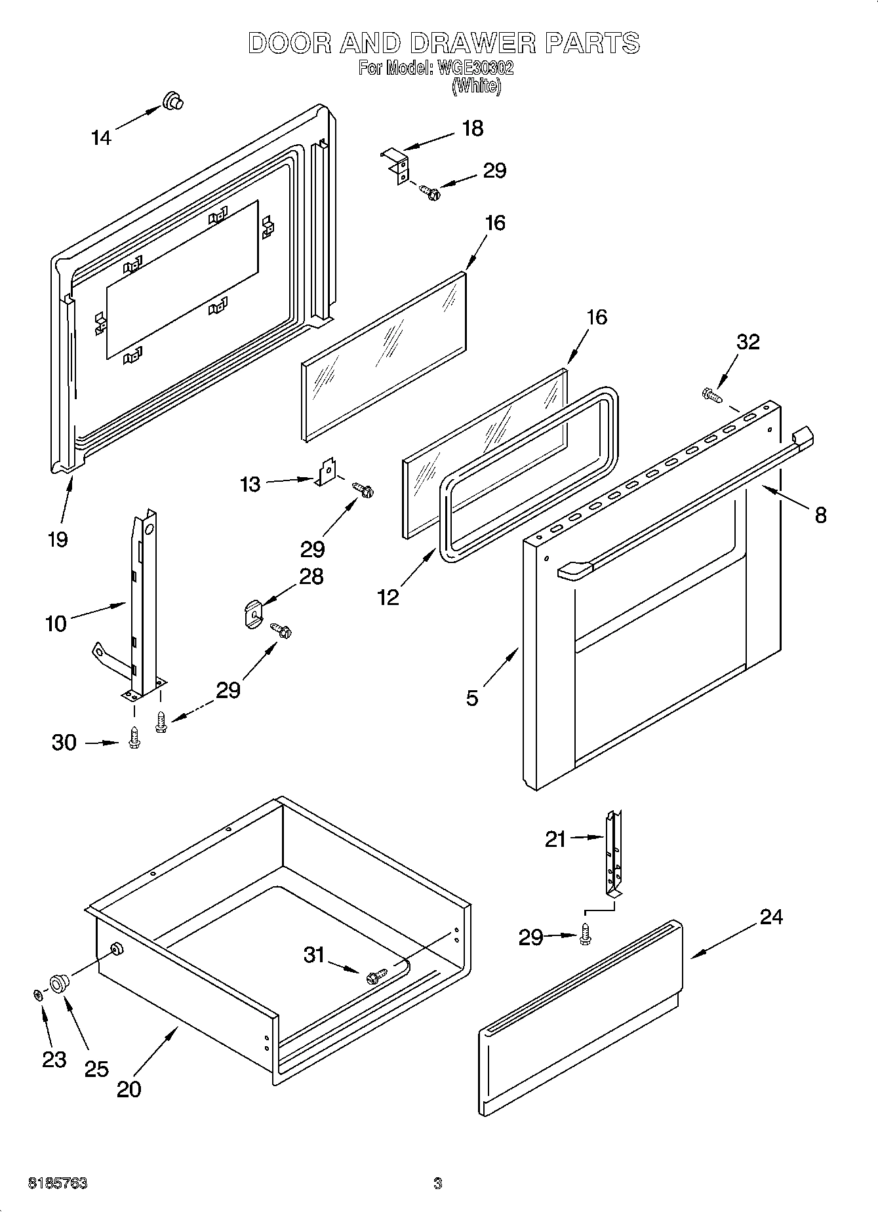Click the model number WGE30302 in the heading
pyautogui.click(x=470, y=68)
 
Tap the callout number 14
pyautogui.click(x=101, y=138)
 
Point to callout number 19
pyautogui.click(x=58, y=539)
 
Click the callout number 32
pyautogui.click(x=748, y=342)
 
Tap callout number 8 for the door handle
pyautogui.click(x=820, y=515)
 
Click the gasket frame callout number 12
pyautogui.click(x=388, y=597)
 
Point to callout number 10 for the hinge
pyautogui.click(x=56, y=623)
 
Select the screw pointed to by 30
pyautogui.click(x=134, y=737)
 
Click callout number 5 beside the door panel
pyautogui.click(x=472, y=698)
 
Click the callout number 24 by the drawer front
pyautogui.click(x=771, y=916)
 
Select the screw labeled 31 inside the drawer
pyautogui.click(x=375, y=976)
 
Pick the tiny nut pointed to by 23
pyautogui.click(x=38, y=995)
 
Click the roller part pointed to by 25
pyautogui.click(x=59, y=983)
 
